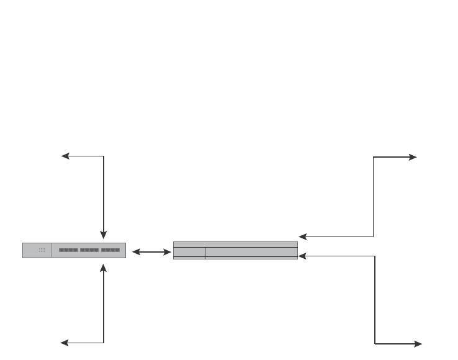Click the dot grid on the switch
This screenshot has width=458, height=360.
point(42,250)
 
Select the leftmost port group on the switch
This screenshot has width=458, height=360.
point(68,250)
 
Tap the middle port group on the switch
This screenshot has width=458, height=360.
point(89,250)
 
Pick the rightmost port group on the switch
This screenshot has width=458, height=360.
point(110,250)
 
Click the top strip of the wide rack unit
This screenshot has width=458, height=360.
point(235,245)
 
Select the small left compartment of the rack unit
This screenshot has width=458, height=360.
point(189,253)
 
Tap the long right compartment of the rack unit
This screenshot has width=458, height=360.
point(251,253)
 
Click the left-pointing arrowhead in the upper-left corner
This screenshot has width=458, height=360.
point(65,156)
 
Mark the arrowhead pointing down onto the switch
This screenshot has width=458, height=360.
point(104,235)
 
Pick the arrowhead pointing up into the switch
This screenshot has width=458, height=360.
point(104,267)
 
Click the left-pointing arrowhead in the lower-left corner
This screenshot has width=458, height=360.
point(65,343)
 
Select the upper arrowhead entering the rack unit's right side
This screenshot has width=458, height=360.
point(302,236)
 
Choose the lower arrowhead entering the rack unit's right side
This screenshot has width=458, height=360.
point(302,255)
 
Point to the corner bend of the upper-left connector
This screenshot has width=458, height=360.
point(104,156)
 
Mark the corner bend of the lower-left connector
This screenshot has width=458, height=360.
point(104,343)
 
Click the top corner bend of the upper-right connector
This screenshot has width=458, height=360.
point(374,157)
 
